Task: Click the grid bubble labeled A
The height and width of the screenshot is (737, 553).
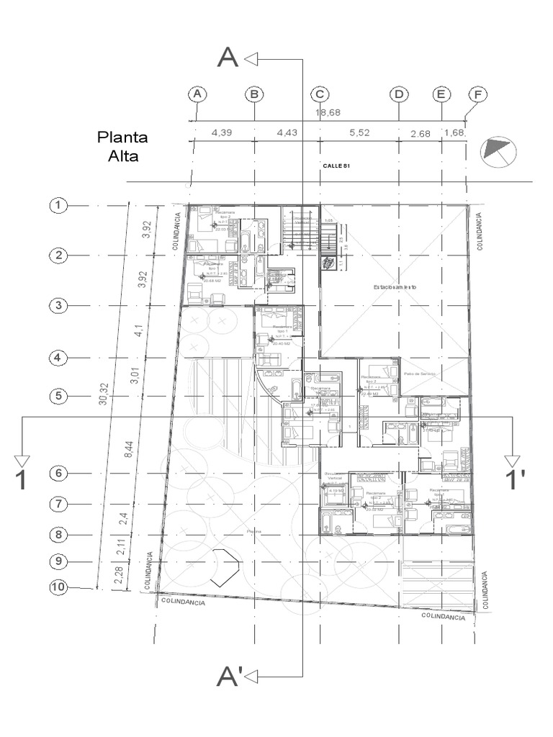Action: pyautogui.click(x=197, y=94)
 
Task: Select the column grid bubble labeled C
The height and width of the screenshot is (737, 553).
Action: pyautogui.click(x=320, y=94)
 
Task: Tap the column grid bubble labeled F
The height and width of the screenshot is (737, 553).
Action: pyautogui.click(x=476, y=94)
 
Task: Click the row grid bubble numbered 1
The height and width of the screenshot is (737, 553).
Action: pyautogui.click(x=58, y=206)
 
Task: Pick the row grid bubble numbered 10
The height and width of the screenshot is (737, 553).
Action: pyautogui.click(x=58, y=587)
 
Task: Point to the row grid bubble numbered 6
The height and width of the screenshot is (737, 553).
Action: pyautogui.click(x=58, y=474)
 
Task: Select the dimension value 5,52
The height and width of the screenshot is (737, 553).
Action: pyautogui.click(x=359, y=132)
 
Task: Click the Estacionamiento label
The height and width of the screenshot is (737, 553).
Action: pyautogui.click(x=394, y=287)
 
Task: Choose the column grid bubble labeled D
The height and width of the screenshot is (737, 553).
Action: pyautogui.click(x=398, y=94)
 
